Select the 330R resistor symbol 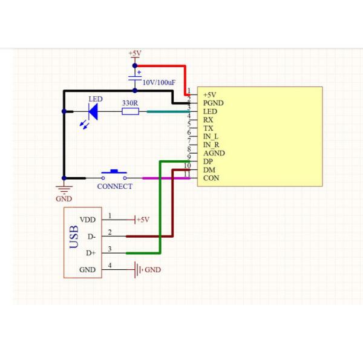[130, 111]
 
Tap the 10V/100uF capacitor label [159, 81]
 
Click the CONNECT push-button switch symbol [114, 175]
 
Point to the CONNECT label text [114, 186]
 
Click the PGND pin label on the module [214, 103]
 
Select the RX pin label [208, 120]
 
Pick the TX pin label [208, 128]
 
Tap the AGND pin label [214, 154]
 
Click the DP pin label [208, 162]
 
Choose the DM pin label [209, 170]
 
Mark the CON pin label [211, 178]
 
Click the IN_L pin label [211, 137]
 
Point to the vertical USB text [74, 237]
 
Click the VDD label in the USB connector [87, 220]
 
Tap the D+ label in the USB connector [91, 253]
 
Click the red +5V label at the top [134, 53]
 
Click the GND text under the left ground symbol [64, 198]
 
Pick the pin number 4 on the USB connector [110, 265]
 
